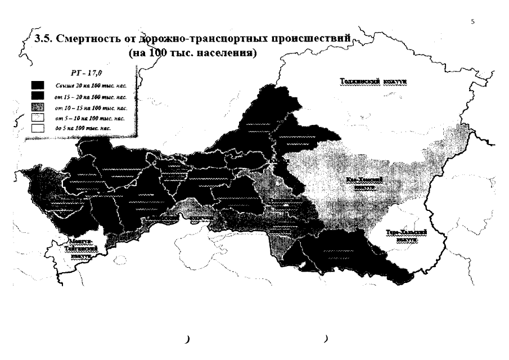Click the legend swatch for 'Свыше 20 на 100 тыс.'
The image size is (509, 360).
click(x=37, y=85)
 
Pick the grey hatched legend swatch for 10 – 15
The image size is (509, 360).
click(x=37, y=107)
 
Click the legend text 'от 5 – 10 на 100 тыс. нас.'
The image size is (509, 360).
click(x=91, y=118)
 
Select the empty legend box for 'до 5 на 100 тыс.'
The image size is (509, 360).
click(x=37, y=128)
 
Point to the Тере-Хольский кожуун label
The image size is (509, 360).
click(x=407, y=235)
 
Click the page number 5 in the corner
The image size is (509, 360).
click(x=472, y=21)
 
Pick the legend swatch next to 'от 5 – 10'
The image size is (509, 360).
click(x=37, y=118)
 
